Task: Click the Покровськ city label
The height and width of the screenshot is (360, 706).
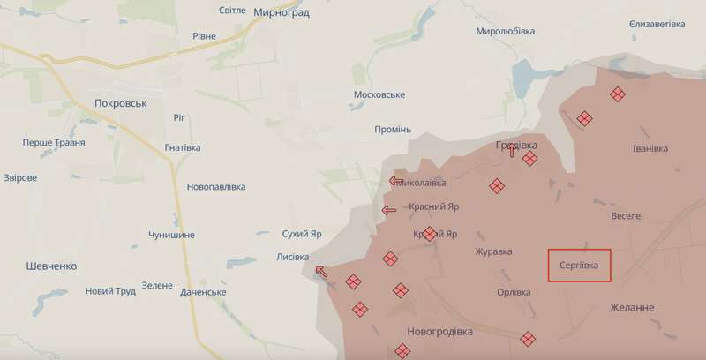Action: click(119, 103)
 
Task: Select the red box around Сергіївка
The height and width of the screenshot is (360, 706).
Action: click(579, 265)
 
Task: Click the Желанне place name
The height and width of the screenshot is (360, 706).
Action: click(632, 307)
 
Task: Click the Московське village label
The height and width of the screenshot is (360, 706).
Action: click(378, 94)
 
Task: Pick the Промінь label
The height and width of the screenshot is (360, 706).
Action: click(393, 130)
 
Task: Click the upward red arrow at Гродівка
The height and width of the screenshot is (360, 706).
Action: click(513, 149)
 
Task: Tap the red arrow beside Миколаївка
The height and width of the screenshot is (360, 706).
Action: click(396, 181)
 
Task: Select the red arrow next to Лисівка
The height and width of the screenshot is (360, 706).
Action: click(324, 271)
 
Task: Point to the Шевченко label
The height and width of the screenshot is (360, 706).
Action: click(51, 266)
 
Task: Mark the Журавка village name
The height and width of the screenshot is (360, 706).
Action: click(493, 251)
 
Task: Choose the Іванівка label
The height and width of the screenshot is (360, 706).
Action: click(650, 148)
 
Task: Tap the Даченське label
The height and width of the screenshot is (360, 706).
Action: click(203, 292)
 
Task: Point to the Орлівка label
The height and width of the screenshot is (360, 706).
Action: click(514, 292)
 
